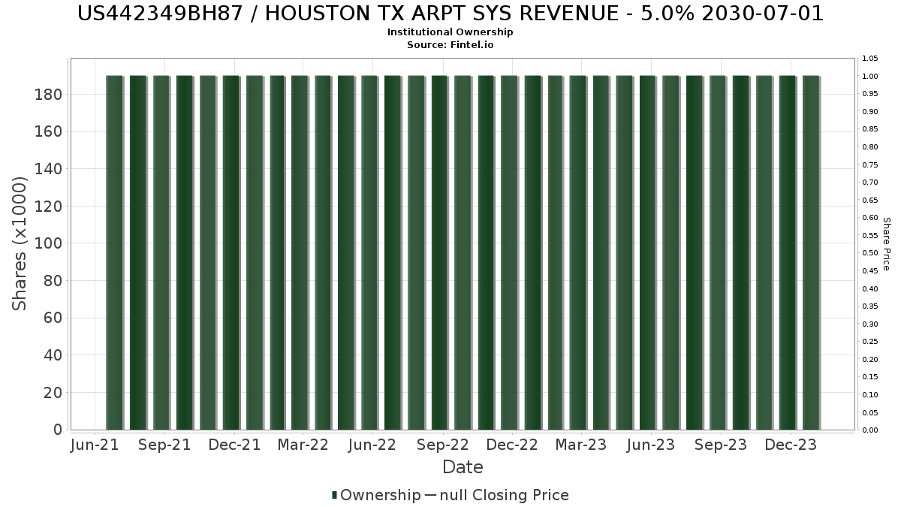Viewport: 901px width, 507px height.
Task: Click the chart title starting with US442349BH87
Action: click(x=450, y=14)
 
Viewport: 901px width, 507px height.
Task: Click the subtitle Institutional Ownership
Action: click(x=450, y=32)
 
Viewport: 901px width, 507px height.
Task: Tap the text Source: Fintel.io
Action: click(x=450, y=44)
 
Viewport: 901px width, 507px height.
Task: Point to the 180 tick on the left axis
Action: click(x=48, y=95)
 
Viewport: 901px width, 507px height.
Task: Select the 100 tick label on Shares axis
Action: click(x=48, y=243)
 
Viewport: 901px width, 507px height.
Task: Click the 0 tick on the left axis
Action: click(x=58, y=430)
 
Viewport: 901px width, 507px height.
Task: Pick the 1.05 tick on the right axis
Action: click(x=870, y=59)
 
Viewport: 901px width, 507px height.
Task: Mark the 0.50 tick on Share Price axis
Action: click(x=870, y=253)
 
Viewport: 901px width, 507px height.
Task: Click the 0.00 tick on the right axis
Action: click(x=870, y=430)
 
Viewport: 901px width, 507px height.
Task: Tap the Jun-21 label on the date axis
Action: click(x=95, y=445)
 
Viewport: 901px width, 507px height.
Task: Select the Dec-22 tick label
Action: click(x=512, y=445)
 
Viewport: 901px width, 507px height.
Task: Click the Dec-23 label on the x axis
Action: click(x=791, y=445)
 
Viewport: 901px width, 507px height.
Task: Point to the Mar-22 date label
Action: click(x=303, y=445)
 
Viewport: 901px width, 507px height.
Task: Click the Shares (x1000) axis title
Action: click(x=19, y=243)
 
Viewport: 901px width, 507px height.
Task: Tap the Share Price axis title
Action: click(x=886, y=244)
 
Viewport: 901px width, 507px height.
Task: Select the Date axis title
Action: click(x=463, y=467)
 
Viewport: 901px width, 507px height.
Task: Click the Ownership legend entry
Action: click(x=376, y=495)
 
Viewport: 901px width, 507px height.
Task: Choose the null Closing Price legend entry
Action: click(x=497, y=495)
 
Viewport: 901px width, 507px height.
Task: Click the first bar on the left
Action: click(x=114, y=252)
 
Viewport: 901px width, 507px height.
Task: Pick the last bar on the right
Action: click(x=812, y=252)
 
